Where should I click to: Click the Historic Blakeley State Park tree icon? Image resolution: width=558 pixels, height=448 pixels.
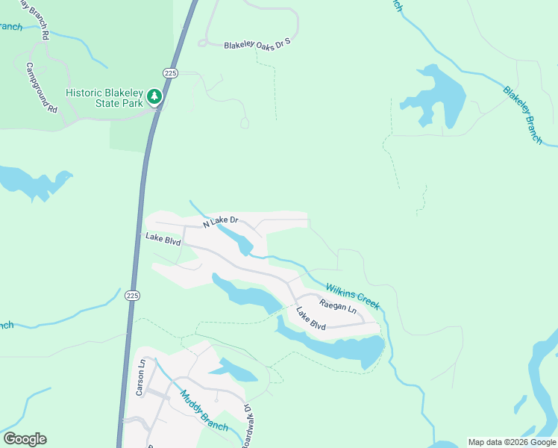click(x=154, y=96)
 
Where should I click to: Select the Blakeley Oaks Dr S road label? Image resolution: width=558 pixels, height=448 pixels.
click(x=256, y=46)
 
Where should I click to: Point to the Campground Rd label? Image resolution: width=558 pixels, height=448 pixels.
click(x=42, y=87)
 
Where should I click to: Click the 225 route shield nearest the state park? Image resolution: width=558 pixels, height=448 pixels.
click(x=171, y=72)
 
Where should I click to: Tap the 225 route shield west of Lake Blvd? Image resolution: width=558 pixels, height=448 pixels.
click(x=131, y=296)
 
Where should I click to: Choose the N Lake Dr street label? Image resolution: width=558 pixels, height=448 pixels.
click(x=220, y=221)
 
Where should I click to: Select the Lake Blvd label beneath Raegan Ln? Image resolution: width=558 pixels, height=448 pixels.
click(x=311, y=320)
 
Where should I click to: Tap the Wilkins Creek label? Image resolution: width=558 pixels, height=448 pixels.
click(x=353, y=296)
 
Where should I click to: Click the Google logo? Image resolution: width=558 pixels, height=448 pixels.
click(x=25, y=439)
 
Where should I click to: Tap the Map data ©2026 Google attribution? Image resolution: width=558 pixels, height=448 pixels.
click(x=512, y=442)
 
